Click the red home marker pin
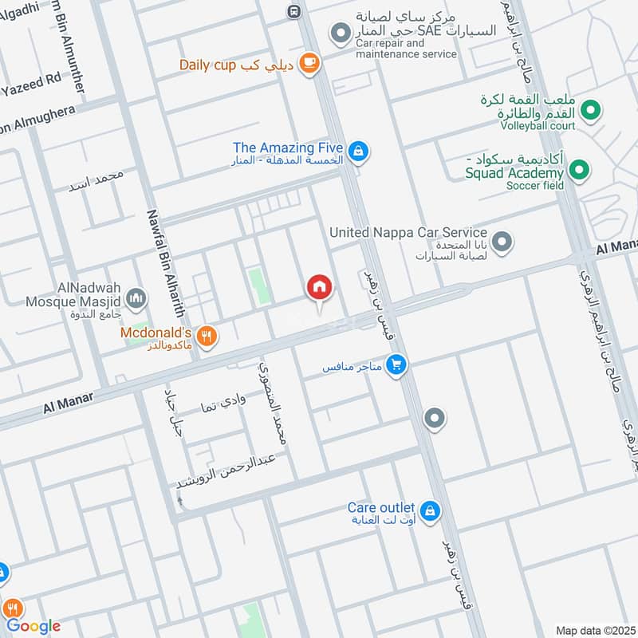coord(320,287)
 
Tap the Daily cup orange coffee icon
coord(310,65)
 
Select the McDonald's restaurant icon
coord(207,337)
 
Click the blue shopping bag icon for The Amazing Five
coord(359,150)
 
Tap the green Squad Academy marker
coord(580,170)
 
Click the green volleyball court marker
coord(590,110)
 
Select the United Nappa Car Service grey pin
coord(502,242)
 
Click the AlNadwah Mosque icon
coord(137,298)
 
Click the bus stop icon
coord(294,11)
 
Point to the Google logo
coord(34,626)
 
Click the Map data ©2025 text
coord(594,630)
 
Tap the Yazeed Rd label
coord(32,80)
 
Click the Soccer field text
coord(534,186)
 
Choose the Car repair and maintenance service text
coord(406,49)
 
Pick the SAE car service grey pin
coord(341,32)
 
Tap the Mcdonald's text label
coord(157,331)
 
